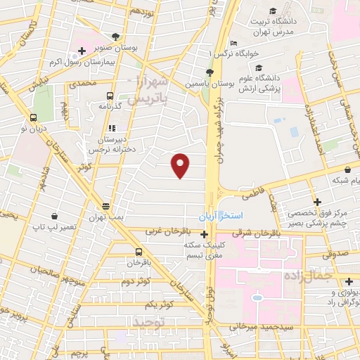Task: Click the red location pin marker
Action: (x=181, y=165)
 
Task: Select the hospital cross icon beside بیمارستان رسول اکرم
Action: (x=82, y=51)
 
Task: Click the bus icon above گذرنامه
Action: (x=110, y=96)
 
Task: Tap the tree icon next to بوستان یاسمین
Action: (x=209, y=72)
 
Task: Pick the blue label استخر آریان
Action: (x=221, y=214)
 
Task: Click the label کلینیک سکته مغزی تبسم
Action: (x=205, y=250)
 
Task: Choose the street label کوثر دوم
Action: (x=136, y=281)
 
